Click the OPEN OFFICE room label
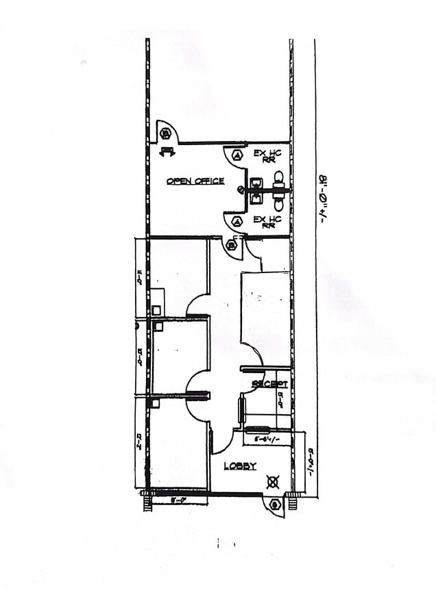(x=195, y=181)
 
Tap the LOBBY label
(x=240, y=466)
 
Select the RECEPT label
(x=269, y=384)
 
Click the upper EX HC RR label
(x=265, y=156)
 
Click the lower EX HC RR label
(x=265, y=222)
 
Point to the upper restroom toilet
(x=280, y=180)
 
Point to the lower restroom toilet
(x=280, y=200)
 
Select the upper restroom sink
(x=256, y=183)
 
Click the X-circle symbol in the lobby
(x=272, y=483)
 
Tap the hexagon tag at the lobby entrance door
(x=275, y=505)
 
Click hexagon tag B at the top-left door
(x=165, y=133)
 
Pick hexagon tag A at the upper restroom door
(x=237, y=155)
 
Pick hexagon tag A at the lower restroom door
(x=237, y=221)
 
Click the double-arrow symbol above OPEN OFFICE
(x=167, y=152)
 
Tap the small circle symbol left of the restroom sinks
(x=241, y=190)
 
